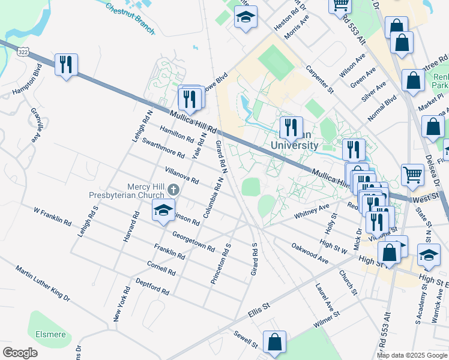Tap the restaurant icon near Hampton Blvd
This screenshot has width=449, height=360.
(67, 65)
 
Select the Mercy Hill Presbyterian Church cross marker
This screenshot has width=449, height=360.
(173, 190)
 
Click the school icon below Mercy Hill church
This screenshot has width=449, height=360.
(162, 211)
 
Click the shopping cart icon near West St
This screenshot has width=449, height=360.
(412, 175)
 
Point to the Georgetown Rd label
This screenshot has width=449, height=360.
(193, 241)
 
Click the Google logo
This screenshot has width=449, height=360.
(20, 353)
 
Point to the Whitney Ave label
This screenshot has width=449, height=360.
(312, 211)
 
